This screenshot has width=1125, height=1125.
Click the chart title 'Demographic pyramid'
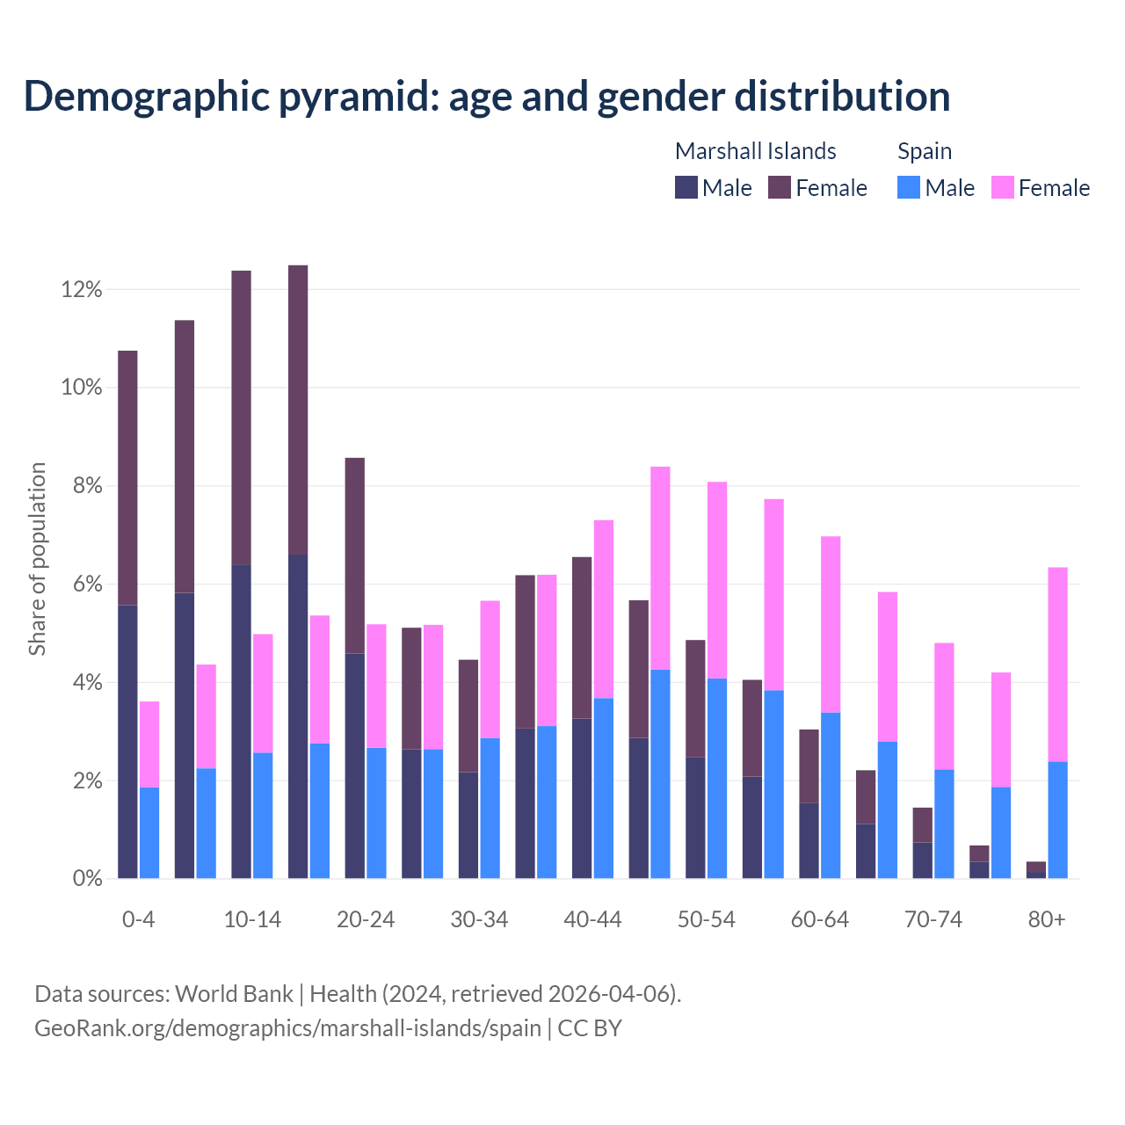point(486,97)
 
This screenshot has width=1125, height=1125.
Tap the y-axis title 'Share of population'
point(38,559)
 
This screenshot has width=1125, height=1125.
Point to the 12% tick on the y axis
point(82,290)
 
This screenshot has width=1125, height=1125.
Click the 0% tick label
point(86,879)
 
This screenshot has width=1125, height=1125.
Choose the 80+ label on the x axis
point(1047,920)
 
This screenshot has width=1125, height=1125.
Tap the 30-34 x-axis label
point(479,920)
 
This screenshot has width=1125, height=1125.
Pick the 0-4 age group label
point(138,920)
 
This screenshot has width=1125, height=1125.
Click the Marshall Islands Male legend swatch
point(686,188)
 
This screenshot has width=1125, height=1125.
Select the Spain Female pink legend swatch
point(1002,188)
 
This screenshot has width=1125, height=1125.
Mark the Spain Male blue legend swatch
point(909,188)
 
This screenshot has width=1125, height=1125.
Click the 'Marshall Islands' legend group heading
point(755,151)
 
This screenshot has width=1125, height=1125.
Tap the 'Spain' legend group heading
point(924,151)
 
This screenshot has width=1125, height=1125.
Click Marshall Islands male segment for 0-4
point(127,742)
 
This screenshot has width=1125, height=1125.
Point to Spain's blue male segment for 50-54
point(717,778)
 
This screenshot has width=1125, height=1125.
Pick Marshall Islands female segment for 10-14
point(241,417)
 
